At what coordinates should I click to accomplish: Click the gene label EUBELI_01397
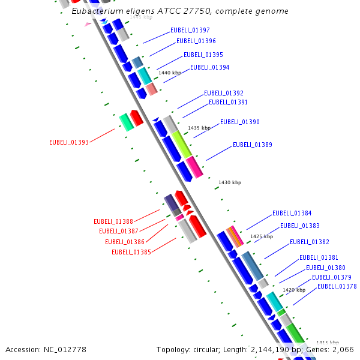click(x=190, y=30)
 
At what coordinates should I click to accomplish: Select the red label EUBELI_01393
click(x=69, y=142)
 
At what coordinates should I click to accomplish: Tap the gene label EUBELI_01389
click(x=252, y=145)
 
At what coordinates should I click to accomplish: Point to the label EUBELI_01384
click(x=292, y=213)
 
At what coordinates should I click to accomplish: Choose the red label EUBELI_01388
click(x=113, y=221)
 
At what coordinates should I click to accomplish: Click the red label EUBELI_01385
click(x=131, y=252)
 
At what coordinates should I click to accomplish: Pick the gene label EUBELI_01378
click(x=337, y=286)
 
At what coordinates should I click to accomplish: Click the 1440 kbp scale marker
click(x=170, y=73)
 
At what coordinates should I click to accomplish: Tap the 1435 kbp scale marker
click(x=199, y=128)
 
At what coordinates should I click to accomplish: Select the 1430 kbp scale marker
click(x=230, y=182)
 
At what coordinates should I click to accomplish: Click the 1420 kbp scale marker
click(x=294, y=290)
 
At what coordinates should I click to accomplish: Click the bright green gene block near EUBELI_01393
click(x=126, y=122)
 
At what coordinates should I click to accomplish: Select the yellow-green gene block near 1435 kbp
click(x=182, y=145)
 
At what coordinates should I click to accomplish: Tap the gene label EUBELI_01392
click(x=223, y=93)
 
